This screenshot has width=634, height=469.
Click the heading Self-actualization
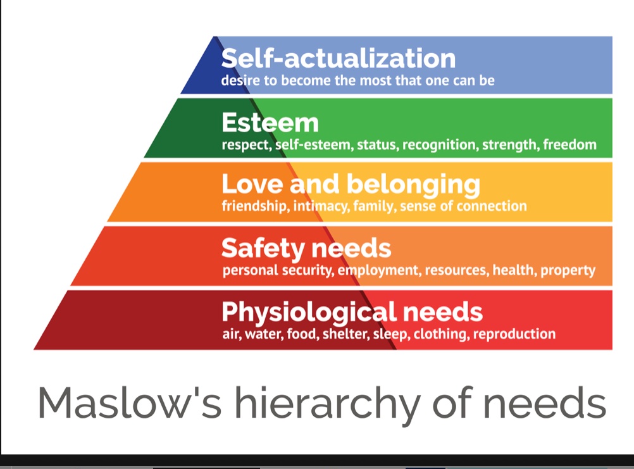[x=339, y=58]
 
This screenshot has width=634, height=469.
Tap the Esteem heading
[x=270, y=123]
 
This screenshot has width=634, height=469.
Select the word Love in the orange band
[x=252, y=184]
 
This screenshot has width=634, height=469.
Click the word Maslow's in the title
[x=130, y=403]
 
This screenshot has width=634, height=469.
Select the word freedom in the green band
[x=569, y=144]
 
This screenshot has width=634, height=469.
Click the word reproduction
[x=514, y=334]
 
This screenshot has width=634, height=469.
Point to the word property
[x=568, y=270]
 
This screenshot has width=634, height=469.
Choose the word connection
[x=492, y=206]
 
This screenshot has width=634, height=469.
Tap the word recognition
[x=440, y=145]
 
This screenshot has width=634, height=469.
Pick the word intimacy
[x=321, y=206]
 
